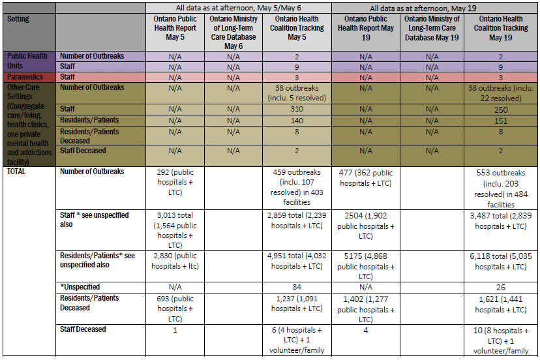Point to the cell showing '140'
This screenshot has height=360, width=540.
[x=301, y=121]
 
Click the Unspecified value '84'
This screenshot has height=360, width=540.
[x=301, y=287]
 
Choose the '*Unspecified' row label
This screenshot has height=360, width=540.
[x=80, y=287]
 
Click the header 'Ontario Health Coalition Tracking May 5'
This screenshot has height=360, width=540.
[x=301, y=28]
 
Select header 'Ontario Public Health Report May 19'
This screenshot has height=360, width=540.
[x=365, y=28]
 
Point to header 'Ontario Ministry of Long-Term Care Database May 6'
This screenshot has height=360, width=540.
[x=233, y=33]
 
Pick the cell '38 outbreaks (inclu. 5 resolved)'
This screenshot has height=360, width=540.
[x=301, y=93]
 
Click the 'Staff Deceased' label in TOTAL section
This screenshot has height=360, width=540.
[x=83, y=329]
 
